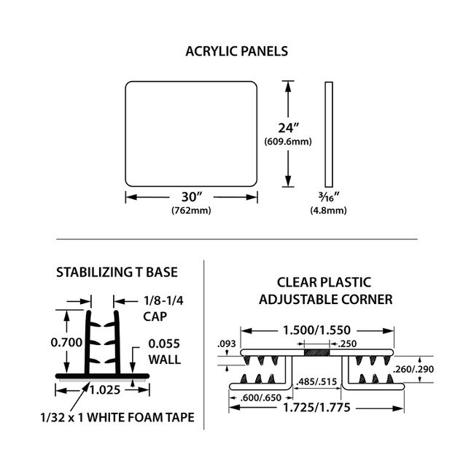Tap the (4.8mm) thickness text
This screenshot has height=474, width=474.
(328, 211)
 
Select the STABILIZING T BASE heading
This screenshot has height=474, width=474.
(117, 273)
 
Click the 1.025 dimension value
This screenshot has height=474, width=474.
(106, 389)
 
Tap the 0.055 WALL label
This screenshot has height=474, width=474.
(164, 351)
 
